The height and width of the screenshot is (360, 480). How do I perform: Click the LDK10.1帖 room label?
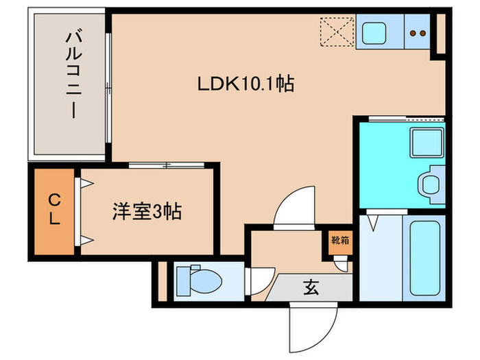point(246,84)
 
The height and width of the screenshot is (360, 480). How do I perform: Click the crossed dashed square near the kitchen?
point(336,32)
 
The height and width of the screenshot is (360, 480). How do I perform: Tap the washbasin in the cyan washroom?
point(430,184)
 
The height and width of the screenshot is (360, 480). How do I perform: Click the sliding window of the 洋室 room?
point(166,165)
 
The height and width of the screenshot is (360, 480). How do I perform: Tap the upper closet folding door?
point(86,184)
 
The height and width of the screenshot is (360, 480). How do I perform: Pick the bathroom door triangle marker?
point(373,223)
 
